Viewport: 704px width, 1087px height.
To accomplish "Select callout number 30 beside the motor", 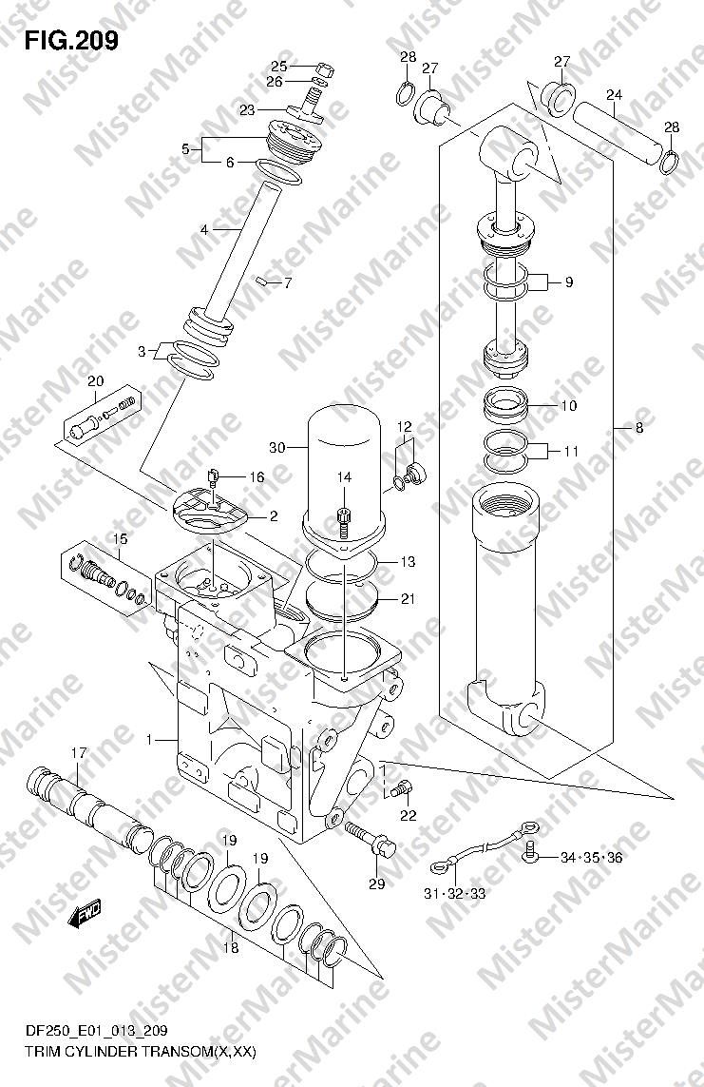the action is point(276,448).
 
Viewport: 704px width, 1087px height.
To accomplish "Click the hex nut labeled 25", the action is point(324,69).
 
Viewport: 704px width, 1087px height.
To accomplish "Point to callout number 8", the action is point(639,428).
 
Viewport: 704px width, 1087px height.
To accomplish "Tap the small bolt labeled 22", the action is point(401,788).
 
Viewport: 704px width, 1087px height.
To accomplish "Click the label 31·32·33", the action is point(455,894).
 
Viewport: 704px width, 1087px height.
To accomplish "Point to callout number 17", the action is point(78,753).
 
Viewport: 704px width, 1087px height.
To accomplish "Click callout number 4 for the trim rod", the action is point(204,229).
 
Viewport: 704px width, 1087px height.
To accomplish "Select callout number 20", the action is point(96,380).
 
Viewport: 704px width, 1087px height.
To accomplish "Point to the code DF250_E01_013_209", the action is point(96,1050).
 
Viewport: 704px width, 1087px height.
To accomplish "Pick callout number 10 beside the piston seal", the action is point(568,405).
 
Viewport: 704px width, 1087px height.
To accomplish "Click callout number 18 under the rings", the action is point(231,947).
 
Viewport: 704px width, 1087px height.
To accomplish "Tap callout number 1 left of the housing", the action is point(149,741).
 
